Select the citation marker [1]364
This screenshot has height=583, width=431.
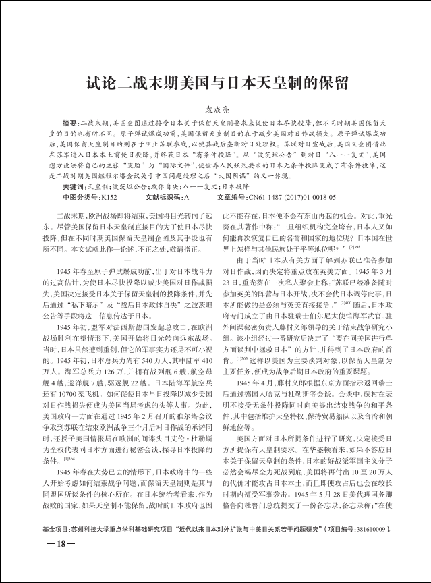click(67, 458)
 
